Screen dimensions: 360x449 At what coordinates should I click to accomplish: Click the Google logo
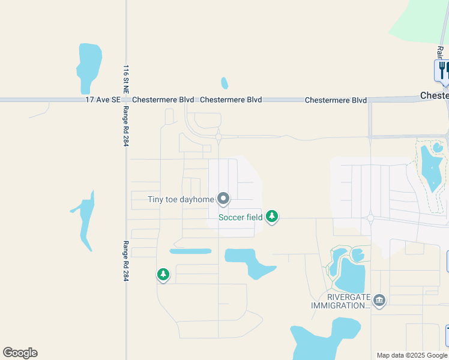(x=20, y=353)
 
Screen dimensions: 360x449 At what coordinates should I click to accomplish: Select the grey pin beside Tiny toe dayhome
(x=223, y=198)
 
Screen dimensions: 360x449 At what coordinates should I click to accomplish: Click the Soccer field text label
(x=240, y=217)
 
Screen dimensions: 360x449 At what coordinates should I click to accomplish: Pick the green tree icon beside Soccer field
(x=272, y=216)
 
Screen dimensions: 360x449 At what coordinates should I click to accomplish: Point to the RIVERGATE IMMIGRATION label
(x=340, y=301)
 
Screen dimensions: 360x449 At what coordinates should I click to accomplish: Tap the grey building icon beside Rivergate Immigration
(x=379, y=300)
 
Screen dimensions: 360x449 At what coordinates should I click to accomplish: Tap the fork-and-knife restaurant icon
(x=442, y=70)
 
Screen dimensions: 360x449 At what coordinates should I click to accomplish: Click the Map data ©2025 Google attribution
(x=412, y=355)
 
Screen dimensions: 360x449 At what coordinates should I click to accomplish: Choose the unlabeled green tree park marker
(x=163, y=275)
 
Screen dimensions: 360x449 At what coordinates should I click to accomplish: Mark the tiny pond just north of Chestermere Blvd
(x=224, y=83)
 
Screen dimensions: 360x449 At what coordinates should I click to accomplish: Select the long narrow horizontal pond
(x=190, y=251)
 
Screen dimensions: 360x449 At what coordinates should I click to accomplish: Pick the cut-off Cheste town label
(x=434, y=96)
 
